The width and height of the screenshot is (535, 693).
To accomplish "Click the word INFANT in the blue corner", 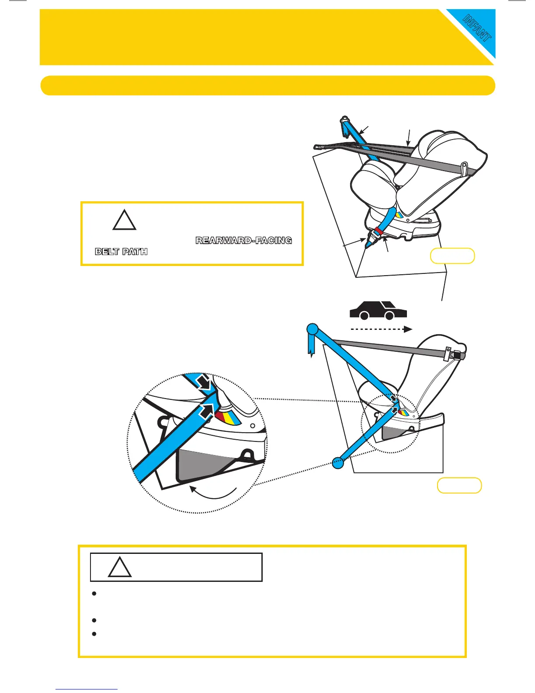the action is tap(477, 28).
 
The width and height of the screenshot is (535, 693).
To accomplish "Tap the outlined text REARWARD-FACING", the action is tap(243, 241).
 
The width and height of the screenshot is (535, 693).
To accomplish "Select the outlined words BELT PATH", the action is tap(121, 252).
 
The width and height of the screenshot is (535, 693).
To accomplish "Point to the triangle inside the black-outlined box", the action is tap(120, 567).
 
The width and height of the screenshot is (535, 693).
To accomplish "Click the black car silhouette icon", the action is tap(378, 310).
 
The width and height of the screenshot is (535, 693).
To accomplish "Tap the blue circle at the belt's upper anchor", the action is tap(313, 329).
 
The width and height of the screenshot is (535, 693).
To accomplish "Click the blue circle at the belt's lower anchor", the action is tap(338, 462).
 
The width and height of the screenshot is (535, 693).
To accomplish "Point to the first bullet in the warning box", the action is tap(94, 594).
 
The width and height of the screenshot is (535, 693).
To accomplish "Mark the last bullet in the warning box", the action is tap(94, 634).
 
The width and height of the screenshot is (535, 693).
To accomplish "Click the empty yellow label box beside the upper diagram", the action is tap(452, 256).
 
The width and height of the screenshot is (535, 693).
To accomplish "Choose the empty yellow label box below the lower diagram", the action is tap(459, 486).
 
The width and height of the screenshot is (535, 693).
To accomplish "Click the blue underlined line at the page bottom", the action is tap(87, 689).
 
